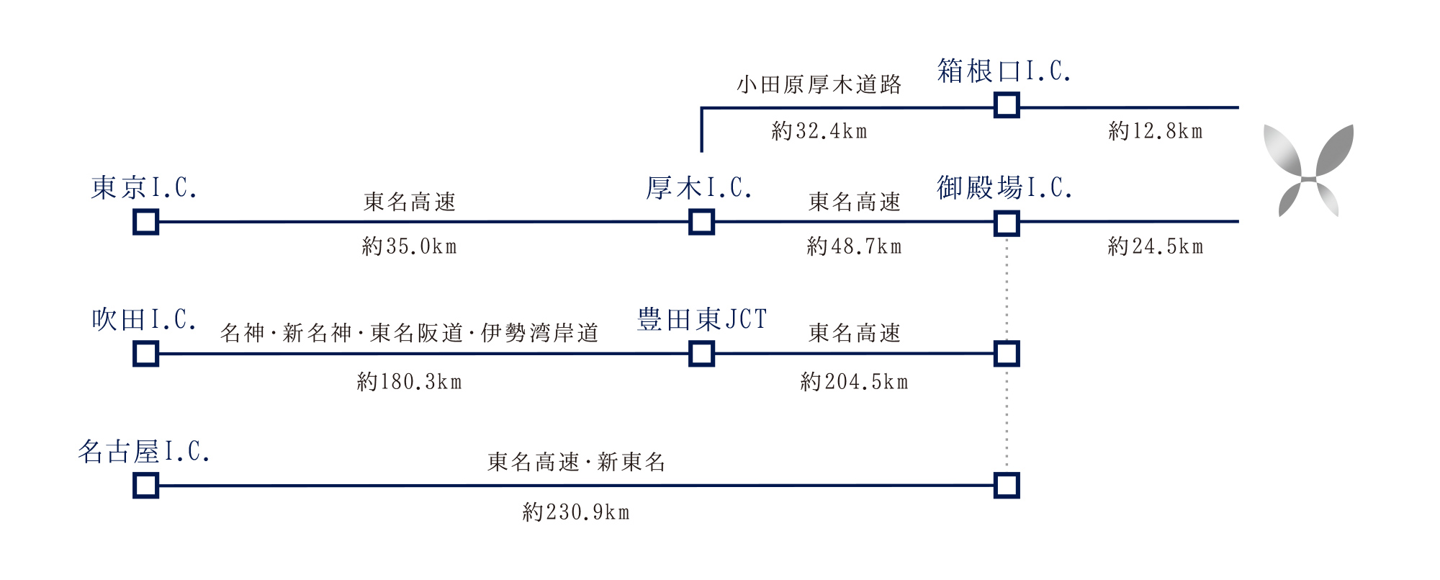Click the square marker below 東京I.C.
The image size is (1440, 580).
point(146,222)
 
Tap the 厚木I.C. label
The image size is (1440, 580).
point(699,188)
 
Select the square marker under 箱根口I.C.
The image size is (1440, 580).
point(1007,105)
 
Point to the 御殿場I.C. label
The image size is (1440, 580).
point(1004,188)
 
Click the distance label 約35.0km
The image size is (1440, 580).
point(410,246)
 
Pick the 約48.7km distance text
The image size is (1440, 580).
point(855,246)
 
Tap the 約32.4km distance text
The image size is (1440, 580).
point(819,131)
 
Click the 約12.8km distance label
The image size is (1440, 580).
point(1156,131)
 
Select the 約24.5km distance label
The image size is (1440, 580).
point(1156,246)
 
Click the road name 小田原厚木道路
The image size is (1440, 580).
point(819,85)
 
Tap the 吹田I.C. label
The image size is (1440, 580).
point(144,320)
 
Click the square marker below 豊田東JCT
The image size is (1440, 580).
point(701,354)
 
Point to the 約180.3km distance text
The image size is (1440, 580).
point(410,381)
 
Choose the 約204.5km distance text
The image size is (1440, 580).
point(855,381)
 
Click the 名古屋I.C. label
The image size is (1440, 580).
point(144,452)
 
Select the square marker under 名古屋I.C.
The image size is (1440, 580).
point(146,486)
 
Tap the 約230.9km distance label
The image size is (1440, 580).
point(576,512)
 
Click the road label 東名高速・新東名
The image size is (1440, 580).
point(576,462)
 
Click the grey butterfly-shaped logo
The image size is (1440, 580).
point(1309,171)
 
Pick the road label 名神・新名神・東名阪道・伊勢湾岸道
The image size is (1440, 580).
point(410,333)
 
